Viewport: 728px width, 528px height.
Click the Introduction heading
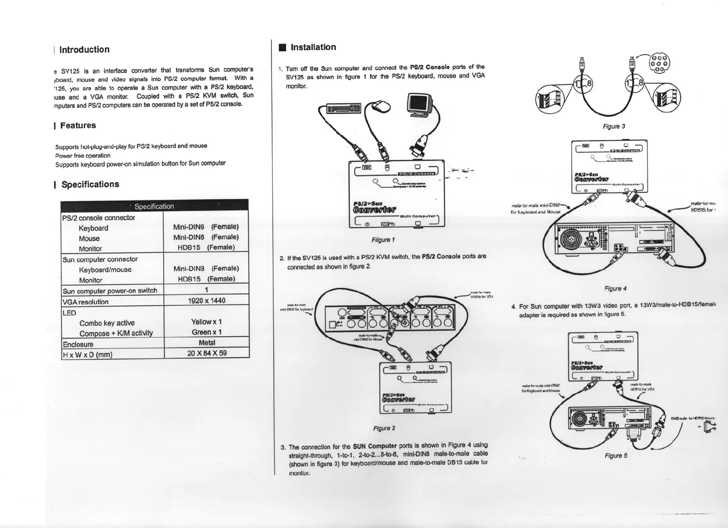click(x=84, y=50)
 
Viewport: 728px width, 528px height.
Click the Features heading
click(x=78, y=126)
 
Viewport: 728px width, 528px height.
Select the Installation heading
click(x=313, y=47)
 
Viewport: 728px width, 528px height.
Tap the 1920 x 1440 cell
click(x=206, y=301)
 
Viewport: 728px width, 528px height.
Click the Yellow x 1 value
click(x=206, y=322)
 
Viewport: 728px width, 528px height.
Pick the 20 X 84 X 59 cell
click(x=206, y=353)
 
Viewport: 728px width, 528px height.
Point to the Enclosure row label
click(x=78, y=344)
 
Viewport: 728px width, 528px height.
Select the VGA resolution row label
click(x=85, y=302)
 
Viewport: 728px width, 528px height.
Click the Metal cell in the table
click(x=207, y=343)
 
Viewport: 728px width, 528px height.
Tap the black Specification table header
click(x=154, y=206)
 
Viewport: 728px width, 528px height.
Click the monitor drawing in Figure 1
click(x=420, y=105)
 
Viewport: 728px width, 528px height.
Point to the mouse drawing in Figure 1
click(x=381, y=106)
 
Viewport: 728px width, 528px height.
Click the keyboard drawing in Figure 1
click(x=342, y=109)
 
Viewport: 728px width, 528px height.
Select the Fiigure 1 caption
click(x=383, y=240)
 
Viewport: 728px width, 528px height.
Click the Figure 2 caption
click(x=384, y=428)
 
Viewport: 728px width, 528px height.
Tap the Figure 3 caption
click(x=614, y=126)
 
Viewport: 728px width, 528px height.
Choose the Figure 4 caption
click(x=615, y=289)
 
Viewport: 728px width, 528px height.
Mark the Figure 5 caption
click(x=616, y=456)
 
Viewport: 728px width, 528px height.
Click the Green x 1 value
click(x=206, y=332)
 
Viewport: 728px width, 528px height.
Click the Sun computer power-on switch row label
click(x=110, y=291)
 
